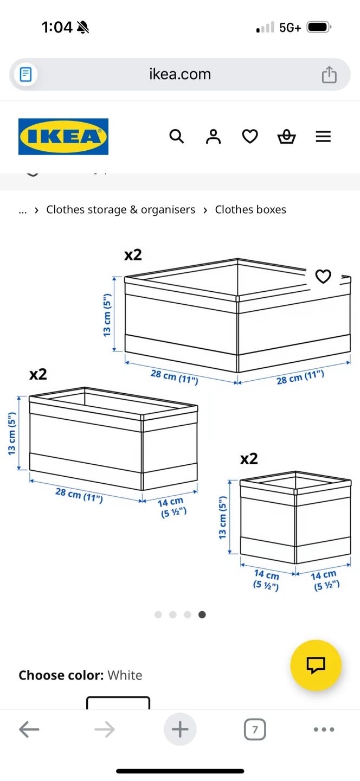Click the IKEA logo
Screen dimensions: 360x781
coord(63,136)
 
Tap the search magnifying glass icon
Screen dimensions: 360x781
coord(177,136)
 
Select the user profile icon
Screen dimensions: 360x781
coord(213,136)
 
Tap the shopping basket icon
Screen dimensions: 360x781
coord(286,136)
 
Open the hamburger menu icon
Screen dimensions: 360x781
coord(323,136)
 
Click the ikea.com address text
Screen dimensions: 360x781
coord(180,74)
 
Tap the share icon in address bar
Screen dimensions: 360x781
coord(329,74)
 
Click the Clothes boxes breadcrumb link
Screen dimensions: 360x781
coord(250,209)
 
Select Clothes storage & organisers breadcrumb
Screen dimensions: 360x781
coord(120,209)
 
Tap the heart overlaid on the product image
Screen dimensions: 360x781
coord(323,277)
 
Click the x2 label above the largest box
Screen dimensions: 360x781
coord(133,255)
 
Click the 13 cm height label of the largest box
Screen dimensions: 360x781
coord(107,315)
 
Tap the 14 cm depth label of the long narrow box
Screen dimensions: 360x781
coord(172,507)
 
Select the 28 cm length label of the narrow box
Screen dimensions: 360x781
coord(79,495)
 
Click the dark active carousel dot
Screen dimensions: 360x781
coord(202,614)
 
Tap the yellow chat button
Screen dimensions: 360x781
coord(316,665)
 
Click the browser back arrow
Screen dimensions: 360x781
coord(29,729)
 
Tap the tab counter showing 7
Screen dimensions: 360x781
coord(255,729)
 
